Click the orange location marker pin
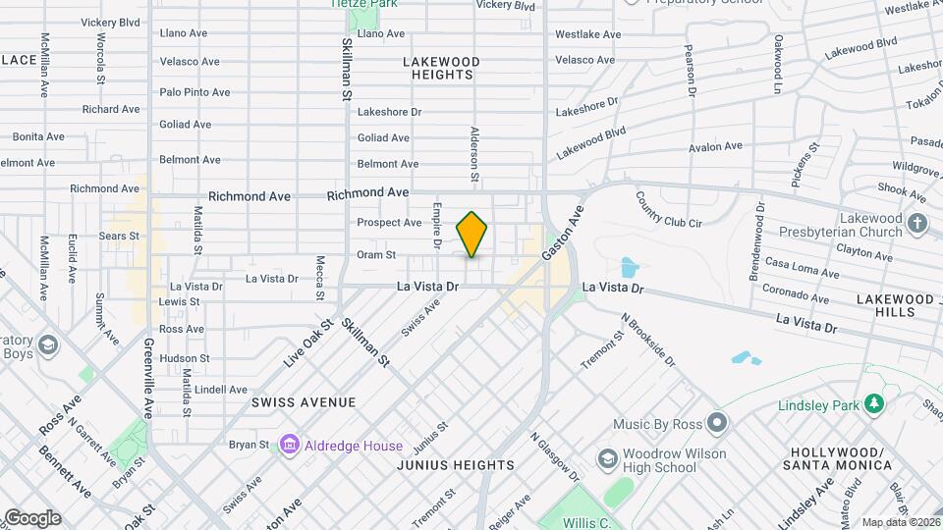coord(471,235)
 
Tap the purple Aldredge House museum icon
coord(290,445)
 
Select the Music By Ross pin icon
coord(717,424)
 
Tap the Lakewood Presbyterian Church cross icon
coord(917,222)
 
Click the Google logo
coord(31,517)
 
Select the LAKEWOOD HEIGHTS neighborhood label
coord(442,68)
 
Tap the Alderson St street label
coord(474,154)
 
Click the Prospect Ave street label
coord(389,223)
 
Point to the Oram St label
coord(376,254)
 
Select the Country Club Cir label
coord(668,209)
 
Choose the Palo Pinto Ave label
coord(195,92)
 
